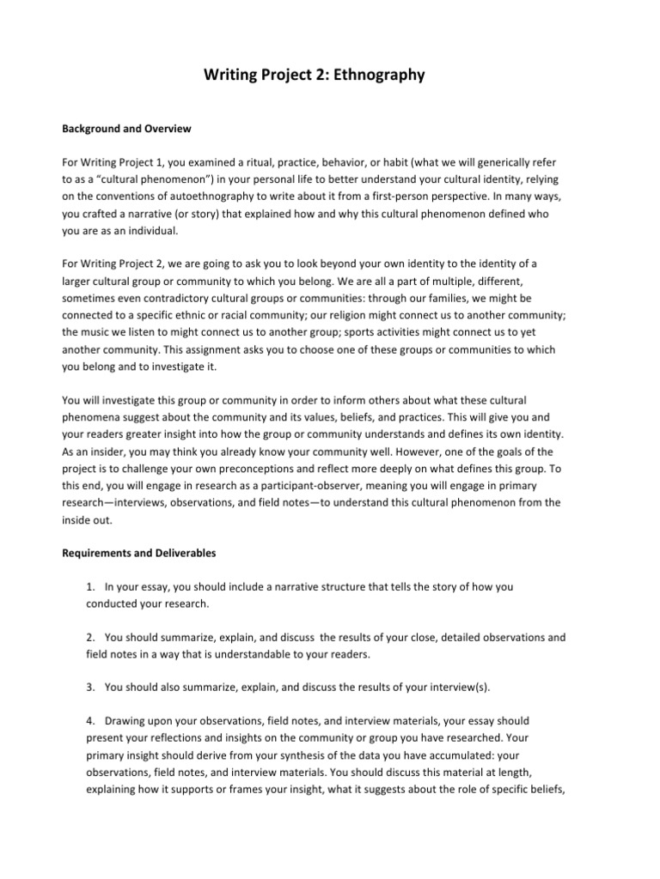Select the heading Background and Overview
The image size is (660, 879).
[x=125, y=129]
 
